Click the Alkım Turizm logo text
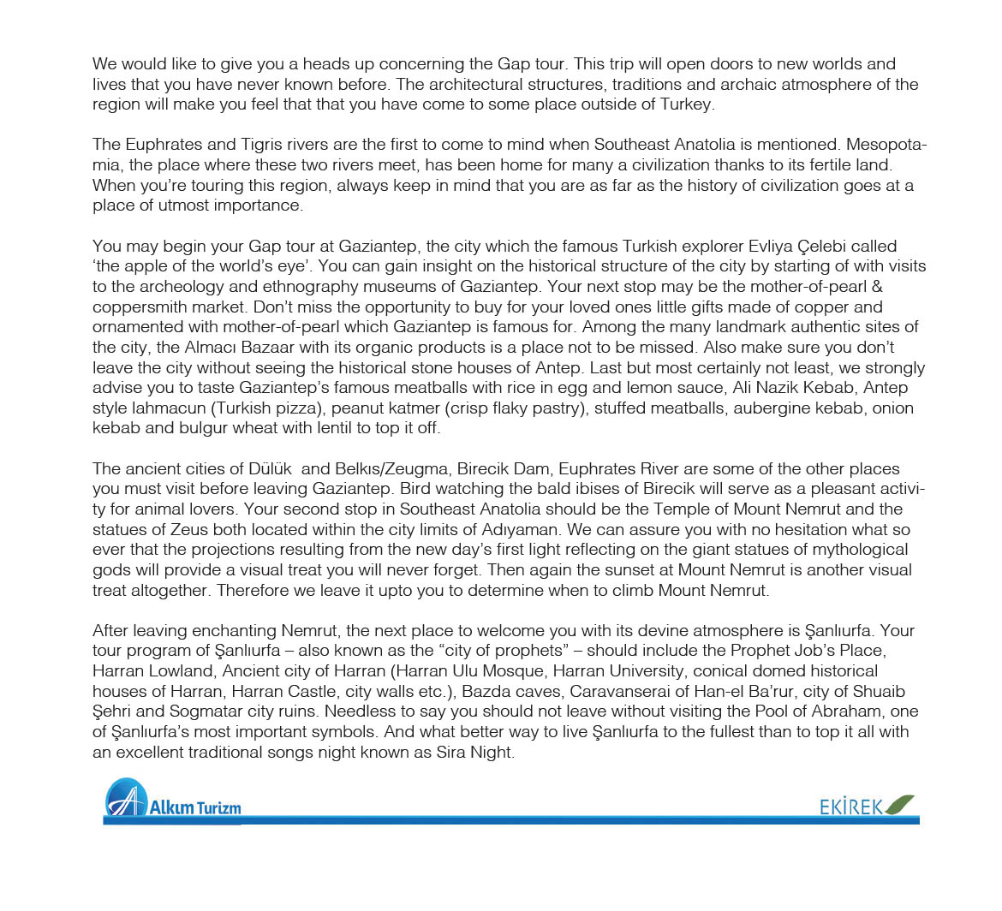point(195,807)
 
